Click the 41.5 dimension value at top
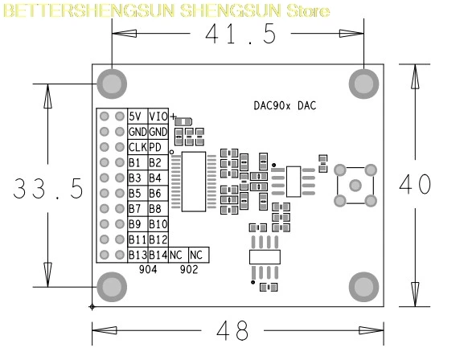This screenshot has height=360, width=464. (240, 34)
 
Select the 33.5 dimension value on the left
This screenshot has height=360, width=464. (48, 188)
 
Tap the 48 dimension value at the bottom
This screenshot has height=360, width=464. (232, 330)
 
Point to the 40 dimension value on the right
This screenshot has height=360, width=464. (415, 184)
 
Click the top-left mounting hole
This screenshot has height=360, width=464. (112, 84)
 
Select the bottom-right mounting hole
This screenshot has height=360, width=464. (363, 287)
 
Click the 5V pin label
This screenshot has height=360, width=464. (135, 117)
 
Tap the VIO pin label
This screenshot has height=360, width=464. (158, 117)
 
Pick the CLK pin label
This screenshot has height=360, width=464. (138, 147)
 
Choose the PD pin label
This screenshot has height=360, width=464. (155, 147)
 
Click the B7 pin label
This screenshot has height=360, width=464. (134, 209)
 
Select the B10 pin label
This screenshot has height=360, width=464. (158, 224)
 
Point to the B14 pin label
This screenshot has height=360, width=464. (158, 255)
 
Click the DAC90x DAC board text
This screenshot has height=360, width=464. (285, 105)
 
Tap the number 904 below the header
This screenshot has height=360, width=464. (148, 269)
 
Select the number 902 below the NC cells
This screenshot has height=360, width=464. (189, 269)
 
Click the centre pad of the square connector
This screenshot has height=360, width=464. (355, 186)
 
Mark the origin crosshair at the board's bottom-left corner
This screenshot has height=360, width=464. (92, 307)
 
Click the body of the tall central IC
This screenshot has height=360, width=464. (194, 182)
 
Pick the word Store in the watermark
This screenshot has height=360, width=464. (308, 11)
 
